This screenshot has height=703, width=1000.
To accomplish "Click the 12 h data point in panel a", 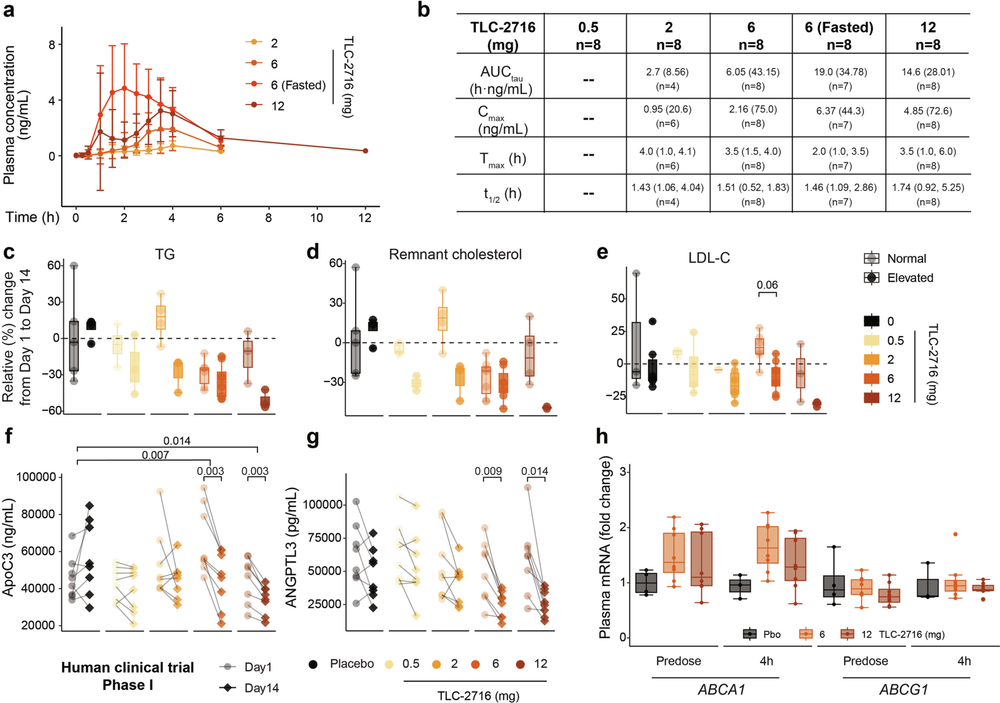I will pyautogui.click(x=366, y=151).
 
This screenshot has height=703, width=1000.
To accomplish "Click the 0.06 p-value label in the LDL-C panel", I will pyautogui.click(x=767, y=285).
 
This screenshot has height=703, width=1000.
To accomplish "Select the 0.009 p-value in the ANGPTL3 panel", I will pyautogui.click(x=488, y=471).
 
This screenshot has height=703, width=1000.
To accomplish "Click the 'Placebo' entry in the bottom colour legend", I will pyautogui.click(x=351, y=664).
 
